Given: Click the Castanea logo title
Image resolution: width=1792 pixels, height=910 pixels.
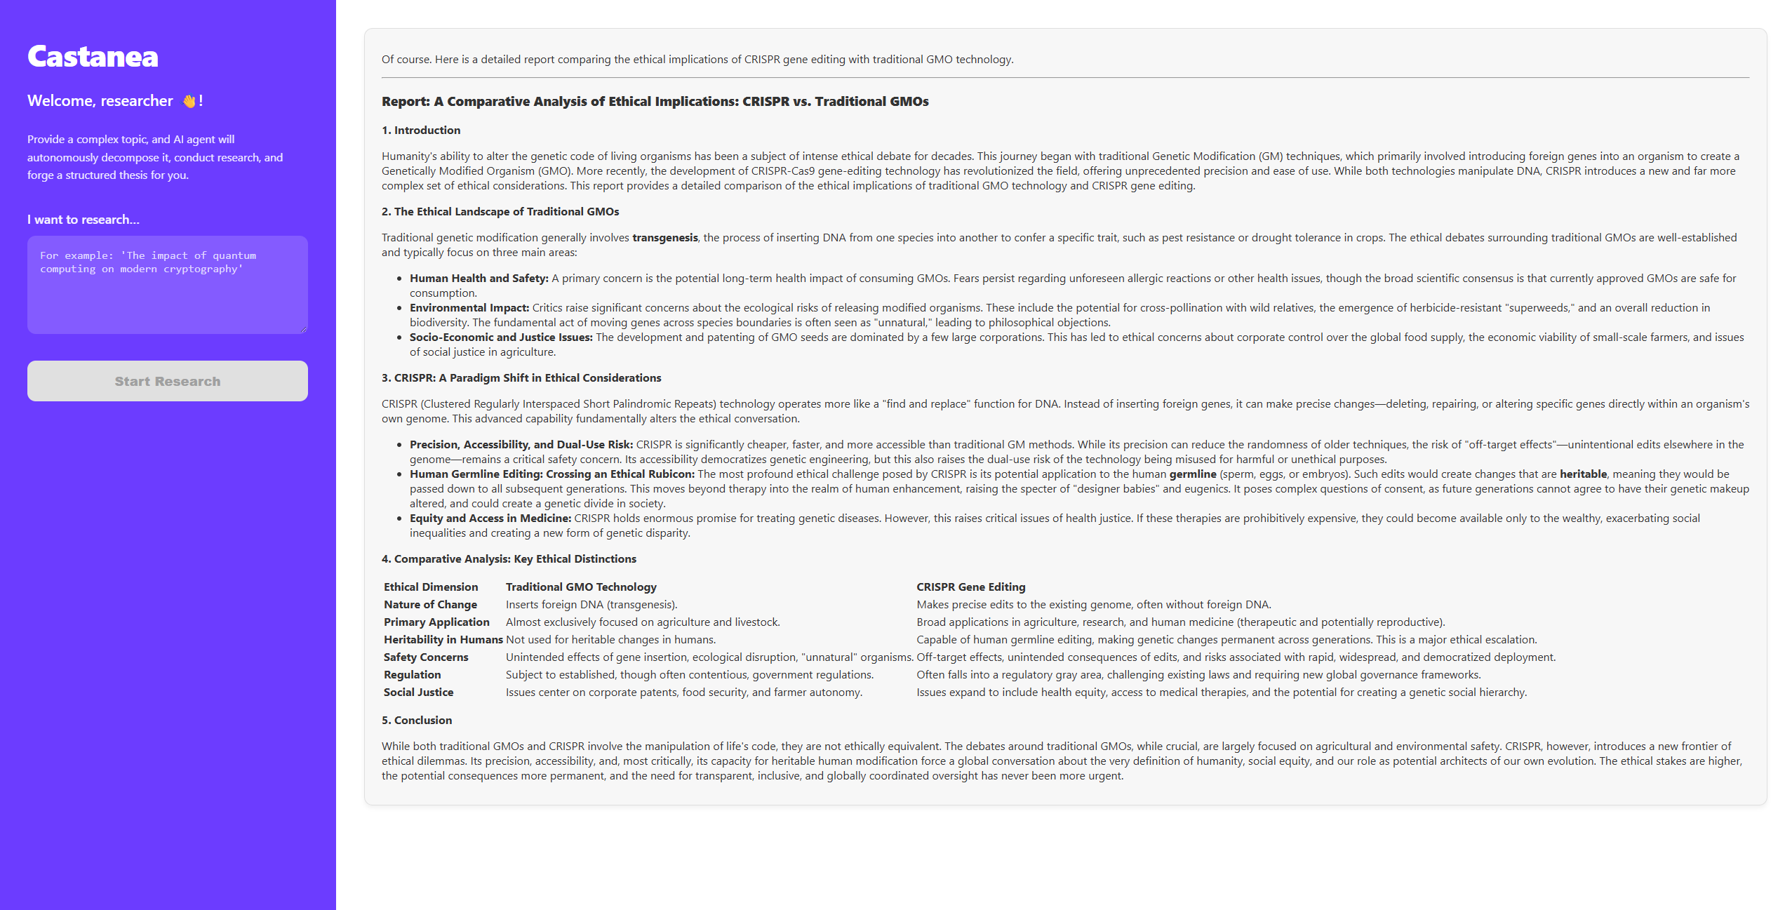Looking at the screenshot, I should [93, 57].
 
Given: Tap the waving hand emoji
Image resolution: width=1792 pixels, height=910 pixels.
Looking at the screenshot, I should [189, 101].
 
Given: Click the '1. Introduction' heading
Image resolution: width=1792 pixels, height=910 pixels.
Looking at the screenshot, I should [421, 131].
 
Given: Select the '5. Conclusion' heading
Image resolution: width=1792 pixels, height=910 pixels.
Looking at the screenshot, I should [417, 721].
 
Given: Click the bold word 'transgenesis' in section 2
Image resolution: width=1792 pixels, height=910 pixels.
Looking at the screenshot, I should [664, 238].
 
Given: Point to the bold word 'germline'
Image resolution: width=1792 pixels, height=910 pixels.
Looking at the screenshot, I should [1192, 474].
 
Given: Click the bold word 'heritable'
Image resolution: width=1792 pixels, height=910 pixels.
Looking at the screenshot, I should [1582, 474].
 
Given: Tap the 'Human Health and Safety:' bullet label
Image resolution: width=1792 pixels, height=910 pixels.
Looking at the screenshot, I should [479, 279].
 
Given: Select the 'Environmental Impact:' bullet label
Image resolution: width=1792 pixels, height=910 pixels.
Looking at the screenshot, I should [469, 308].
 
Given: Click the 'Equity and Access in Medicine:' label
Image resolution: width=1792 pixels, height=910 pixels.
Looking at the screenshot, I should [490, 518].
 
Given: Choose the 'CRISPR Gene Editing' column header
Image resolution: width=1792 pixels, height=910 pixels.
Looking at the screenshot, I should [970, 587].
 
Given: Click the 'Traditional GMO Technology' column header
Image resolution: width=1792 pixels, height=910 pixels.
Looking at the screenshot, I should [581, 587].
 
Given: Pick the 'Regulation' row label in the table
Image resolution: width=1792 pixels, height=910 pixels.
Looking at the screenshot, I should [413, 675].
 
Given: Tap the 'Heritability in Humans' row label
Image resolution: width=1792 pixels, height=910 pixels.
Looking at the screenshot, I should [443, 640].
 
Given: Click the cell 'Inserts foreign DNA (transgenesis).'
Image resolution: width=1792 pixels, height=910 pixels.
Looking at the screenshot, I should [591, 605].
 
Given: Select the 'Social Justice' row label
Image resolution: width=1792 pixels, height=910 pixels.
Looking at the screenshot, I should [418, 692].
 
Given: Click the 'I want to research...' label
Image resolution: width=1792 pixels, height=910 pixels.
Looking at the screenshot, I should [83, 220].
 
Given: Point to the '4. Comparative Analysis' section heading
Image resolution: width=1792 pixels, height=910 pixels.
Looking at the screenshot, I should [509, 559].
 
